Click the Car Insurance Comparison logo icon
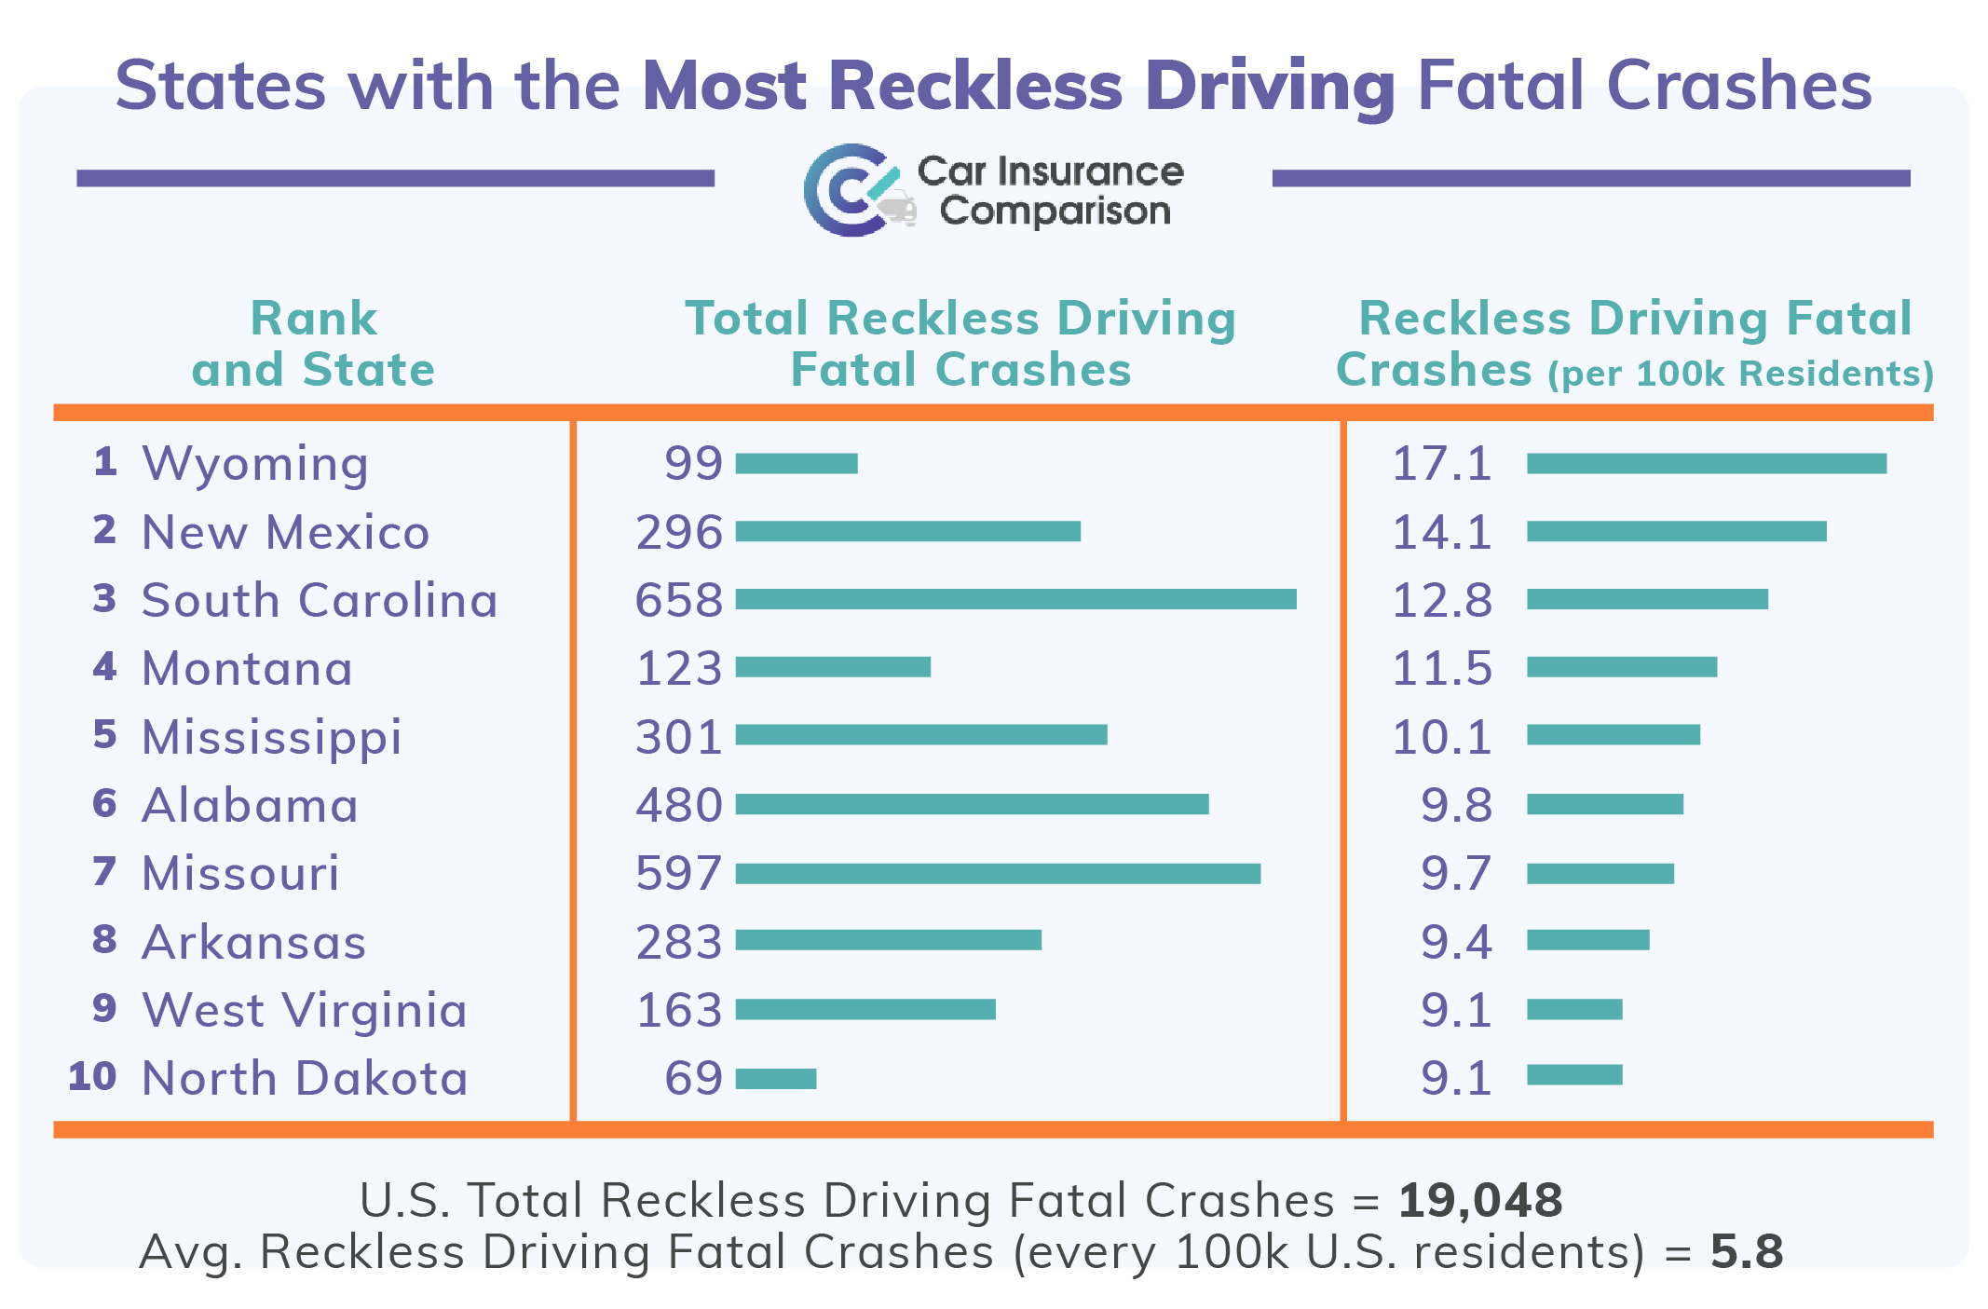(x=855, y=190)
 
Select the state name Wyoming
(x=255, y=464)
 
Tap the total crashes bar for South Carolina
(x=1015, y=599)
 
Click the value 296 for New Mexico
(x=679, y=532)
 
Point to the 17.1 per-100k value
(x=1441, y=464)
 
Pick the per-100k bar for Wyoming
(x=1706, y=464)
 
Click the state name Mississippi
(x=272, y=737)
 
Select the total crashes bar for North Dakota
(x=776, y=1079)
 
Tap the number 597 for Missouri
(x=679, y=874)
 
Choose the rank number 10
(x=92, y=1077)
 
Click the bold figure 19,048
(x=1480, y=1200)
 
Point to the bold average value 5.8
(x=1747, y=1251)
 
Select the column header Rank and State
(x=313, y=344)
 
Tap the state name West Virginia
(x=305, y=1010)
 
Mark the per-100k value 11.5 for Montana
(x=1441, y=669)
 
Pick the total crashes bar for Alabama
(x=972, y=804)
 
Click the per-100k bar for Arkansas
(x=1587, y=940)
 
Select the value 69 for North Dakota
(x=693, y=1079)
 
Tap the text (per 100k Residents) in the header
(x=1740, y=374)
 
